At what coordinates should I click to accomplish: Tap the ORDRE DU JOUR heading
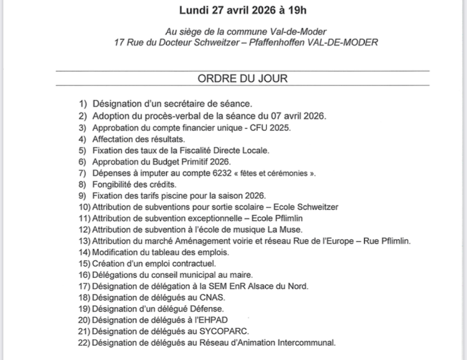pos(242,79)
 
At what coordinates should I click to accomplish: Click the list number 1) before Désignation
pos(83,103)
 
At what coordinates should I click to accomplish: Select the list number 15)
pos(84,263)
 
